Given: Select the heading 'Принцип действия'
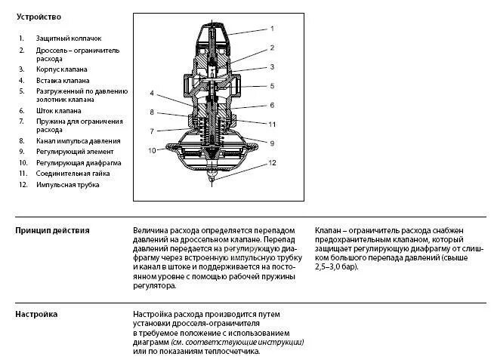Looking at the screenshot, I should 52,230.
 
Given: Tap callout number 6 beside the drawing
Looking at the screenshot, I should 272,105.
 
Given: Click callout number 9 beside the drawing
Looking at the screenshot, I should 272,143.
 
